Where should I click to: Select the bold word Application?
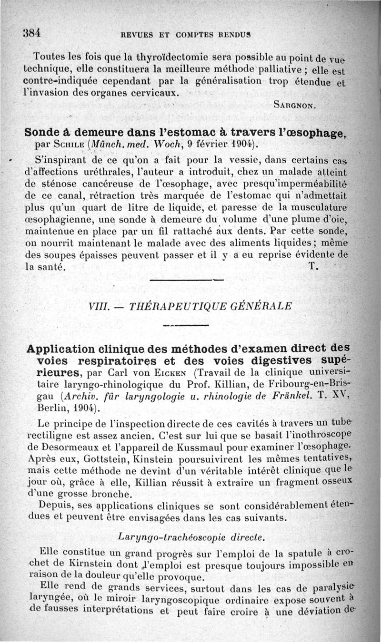click(x=60, y=349)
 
